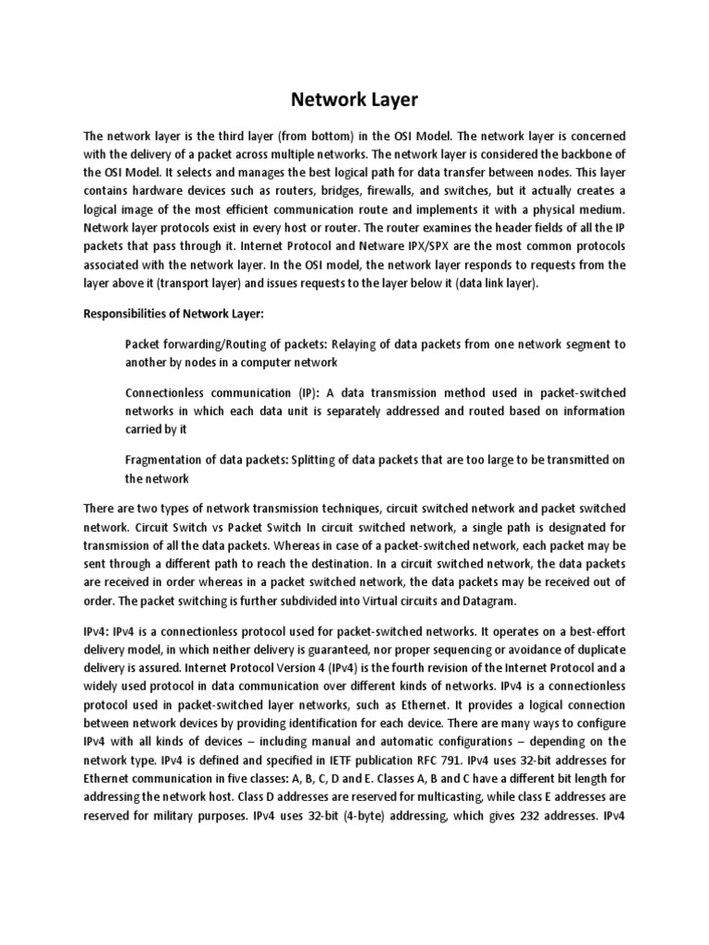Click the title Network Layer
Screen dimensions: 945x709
(354, 99)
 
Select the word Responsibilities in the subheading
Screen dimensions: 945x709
(127, 314)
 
